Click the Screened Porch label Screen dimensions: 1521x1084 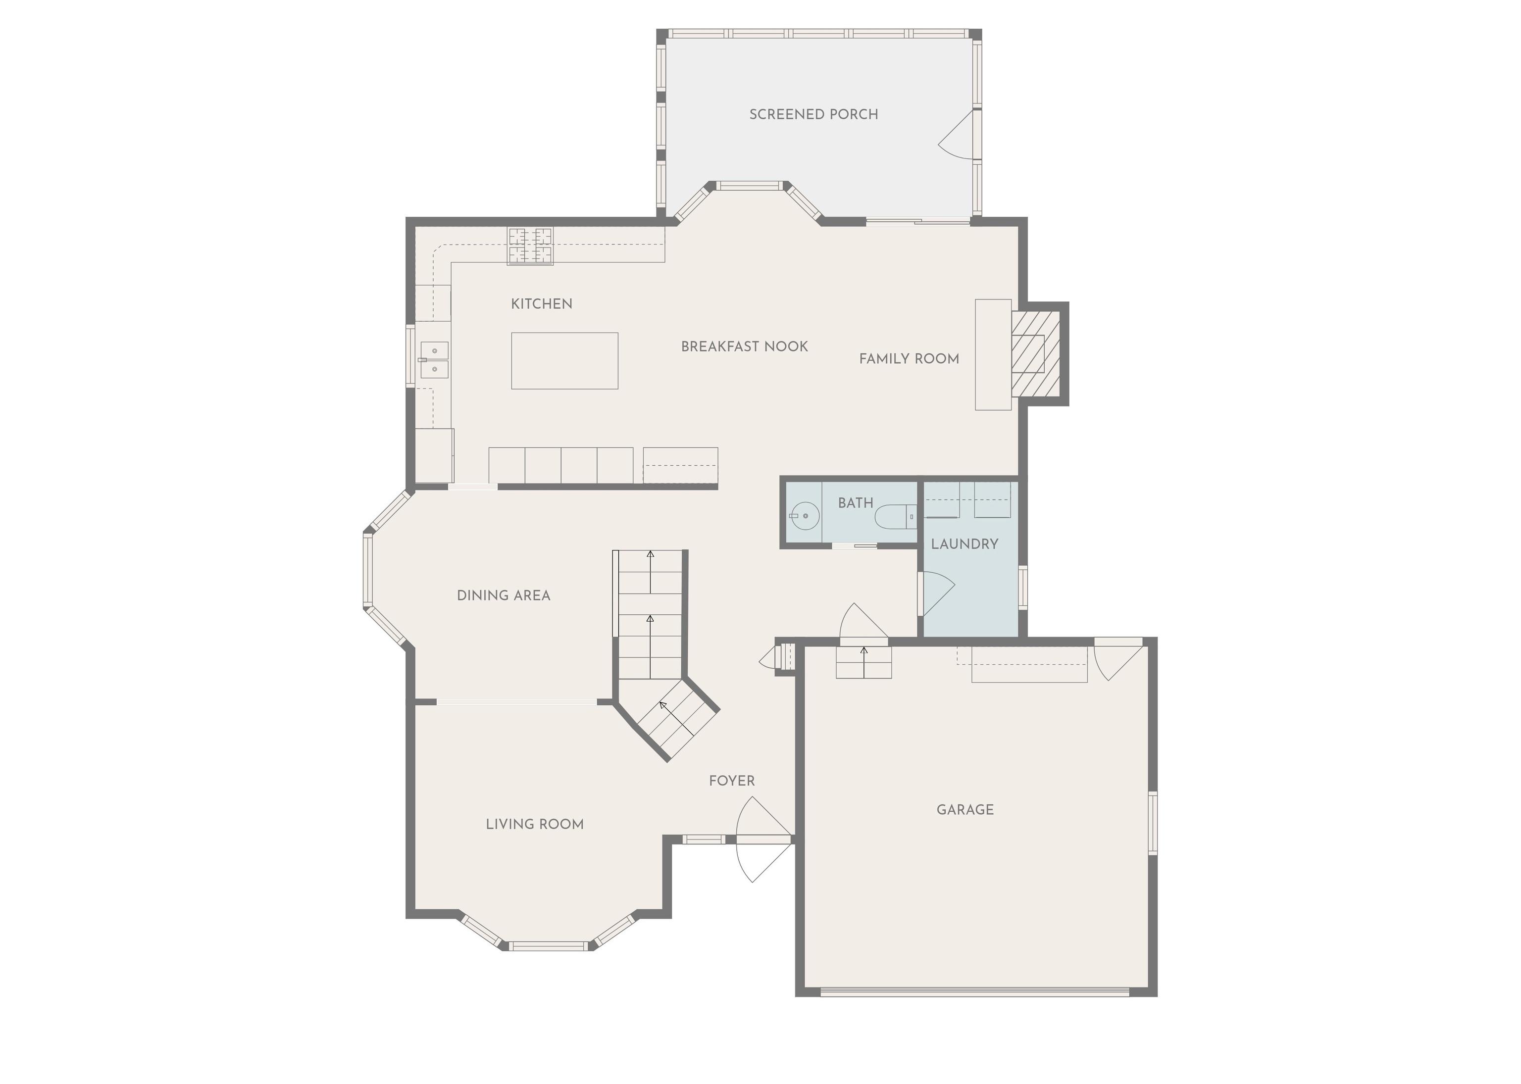pyautogui.click(x=813, y=114)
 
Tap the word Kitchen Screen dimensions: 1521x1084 pyautogui.click(x=542, y=304)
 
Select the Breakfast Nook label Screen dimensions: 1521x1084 pyautogui.click(x=745, y=346)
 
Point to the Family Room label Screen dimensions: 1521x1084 pyautogui.click(x=909, y=358)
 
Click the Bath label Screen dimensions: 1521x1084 pyautogui.click(x=855, y=502)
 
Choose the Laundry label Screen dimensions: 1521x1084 pyautogui.click(x=964, y=544)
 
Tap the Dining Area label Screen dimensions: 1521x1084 pyautogui.click(x=504, y=595)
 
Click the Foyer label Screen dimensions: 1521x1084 pyautogui.click(x=732, y=780)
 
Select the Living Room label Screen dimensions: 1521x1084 pyautogui.click(x=535, y=824)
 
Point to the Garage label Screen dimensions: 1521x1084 pyautogui.click(x=965, y=810)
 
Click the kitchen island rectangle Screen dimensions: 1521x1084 pyautogui.click(x=565, y=360)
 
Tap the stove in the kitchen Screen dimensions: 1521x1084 pyautogui.click(x=530, y=246)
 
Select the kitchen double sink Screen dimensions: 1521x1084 pyautogui.click(x=434, y=360)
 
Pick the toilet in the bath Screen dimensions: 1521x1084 pyautogui.click(x=895, y=516)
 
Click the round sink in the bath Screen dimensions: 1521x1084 pyautogui.click(x=805, y=516)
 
